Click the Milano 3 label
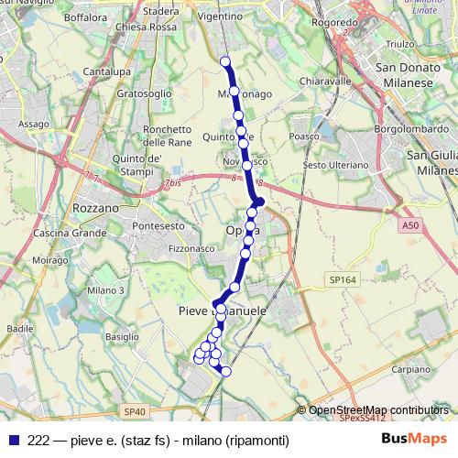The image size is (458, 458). click(105, 290)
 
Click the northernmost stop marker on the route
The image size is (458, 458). click(225, 61)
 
